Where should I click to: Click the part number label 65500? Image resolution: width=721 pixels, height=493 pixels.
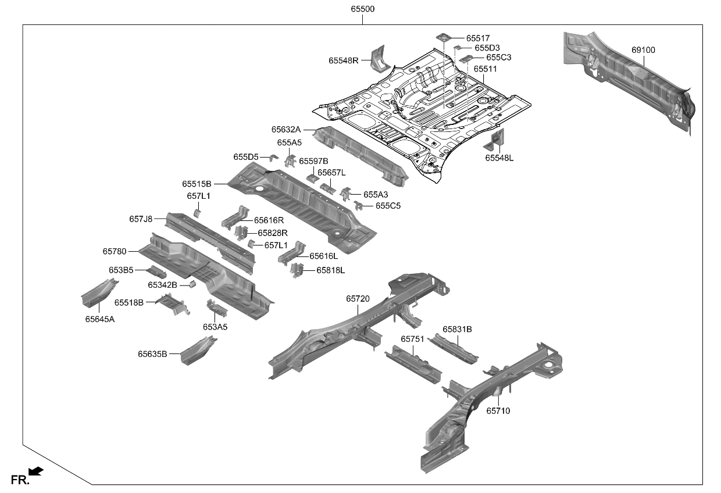[x=362, y=9]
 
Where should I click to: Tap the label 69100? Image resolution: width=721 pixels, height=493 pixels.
[x=643, y=50]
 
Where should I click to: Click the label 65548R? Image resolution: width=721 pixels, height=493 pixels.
[x=343, y=60]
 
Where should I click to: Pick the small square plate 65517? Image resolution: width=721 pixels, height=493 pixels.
[x=442, y=37]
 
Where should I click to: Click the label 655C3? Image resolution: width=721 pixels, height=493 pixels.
[x=499, y=58]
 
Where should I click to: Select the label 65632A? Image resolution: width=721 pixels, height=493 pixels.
[x=285, y=130]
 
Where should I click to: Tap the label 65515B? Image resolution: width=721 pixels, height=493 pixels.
[x=197, y=184]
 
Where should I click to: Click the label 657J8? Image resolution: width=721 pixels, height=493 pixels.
[x=141, y=219]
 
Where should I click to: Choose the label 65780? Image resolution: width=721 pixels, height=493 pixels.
[x=115, y=251]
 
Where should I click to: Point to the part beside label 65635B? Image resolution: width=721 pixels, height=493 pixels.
[x=198, y=351]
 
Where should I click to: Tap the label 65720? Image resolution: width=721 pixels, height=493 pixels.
[x=358, y=298]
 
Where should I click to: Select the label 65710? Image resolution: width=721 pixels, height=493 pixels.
[x=498, y=410]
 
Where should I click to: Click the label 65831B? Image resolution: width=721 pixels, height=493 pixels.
[x=457, y=329]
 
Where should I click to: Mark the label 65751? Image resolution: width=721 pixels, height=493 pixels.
[x=412, y=338]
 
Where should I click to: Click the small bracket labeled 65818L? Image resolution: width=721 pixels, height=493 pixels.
[x=297, y=270]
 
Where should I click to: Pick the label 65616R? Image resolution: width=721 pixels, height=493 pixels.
[x=269, y=220]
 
